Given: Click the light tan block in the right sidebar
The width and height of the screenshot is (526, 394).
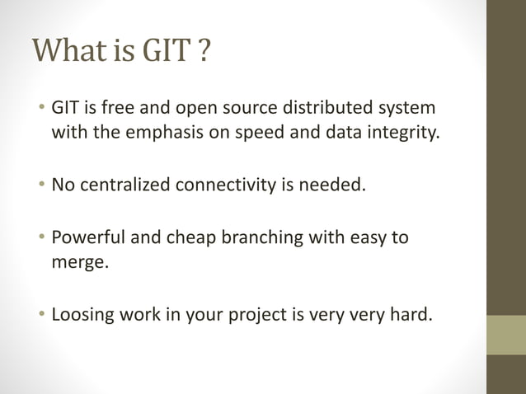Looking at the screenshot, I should (x=506, y=335).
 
